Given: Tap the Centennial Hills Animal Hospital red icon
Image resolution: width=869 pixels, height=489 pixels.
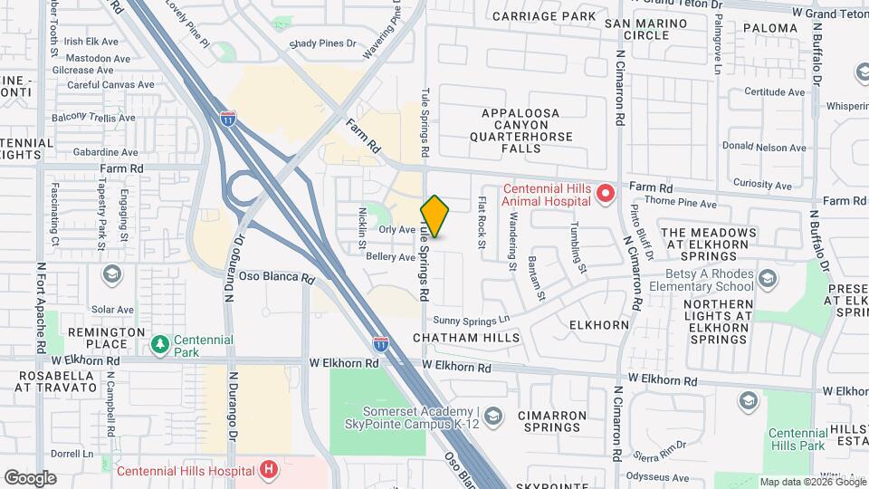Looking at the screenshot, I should coord(606,193).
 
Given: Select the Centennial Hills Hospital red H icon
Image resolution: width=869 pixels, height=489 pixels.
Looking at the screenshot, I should coord(268,469).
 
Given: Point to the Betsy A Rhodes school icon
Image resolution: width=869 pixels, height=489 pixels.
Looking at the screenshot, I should coord(768,275).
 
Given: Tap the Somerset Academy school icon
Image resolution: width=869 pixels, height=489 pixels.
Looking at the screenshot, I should coord(492,416).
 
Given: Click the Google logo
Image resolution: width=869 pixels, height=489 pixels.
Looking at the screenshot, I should coord(30,478).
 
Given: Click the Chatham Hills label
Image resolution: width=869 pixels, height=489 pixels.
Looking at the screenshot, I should coord(466,338).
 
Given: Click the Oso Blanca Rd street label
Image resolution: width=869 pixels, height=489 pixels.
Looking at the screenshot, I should coord(275,277).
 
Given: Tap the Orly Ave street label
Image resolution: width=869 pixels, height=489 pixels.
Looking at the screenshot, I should coord(396,230).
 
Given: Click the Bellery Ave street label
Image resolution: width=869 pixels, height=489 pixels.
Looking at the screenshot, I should coord(390,257).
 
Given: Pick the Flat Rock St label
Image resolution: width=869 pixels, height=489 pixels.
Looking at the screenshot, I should coord(482,223).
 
